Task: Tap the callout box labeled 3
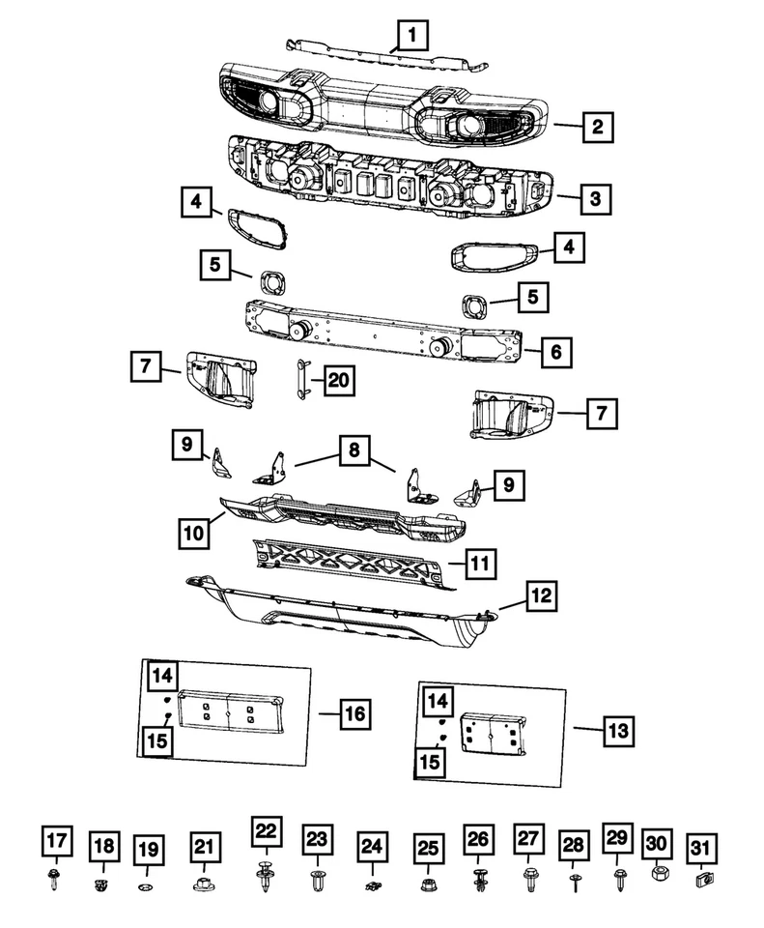596,199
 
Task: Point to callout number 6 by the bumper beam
556,351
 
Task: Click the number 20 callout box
337,382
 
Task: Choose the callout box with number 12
541,595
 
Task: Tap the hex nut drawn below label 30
655,873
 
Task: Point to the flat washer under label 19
146,886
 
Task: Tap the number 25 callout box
426,848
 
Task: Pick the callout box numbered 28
573,847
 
